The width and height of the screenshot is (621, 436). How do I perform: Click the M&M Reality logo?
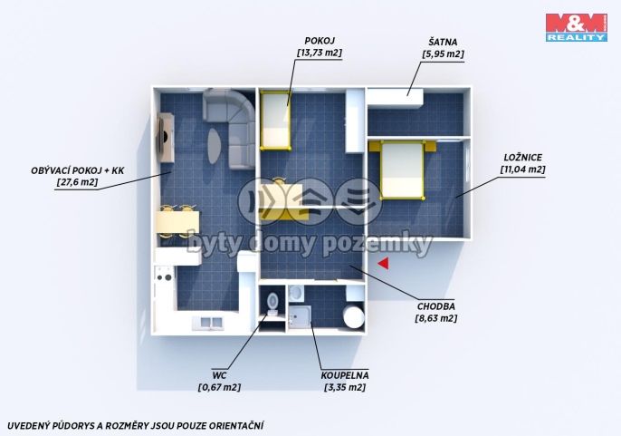pos(577,27)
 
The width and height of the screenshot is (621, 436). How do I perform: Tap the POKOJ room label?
pos(320,41)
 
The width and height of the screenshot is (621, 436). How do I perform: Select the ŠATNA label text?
pos(443,42)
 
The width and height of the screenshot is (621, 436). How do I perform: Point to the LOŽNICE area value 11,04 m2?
pos(523,170)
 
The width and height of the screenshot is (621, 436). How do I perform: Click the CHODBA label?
pos(436,306)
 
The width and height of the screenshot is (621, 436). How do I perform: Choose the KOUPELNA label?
pos(345,375)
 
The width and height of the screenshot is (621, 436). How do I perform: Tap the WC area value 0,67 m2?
pos(219,387)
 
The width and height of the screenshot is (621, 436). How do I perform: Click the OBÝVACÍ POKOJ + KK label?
pos(78,170)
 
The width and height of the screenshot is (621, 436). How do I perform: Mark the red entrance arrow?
pos(384,264)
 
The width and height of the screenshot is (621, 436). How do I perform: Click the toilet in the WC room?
pos(272,304)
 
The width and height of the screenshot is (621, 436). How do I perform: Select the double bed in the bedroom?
pos(402,170)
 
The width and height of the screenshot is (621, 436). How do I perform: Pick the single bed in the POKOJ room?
pos(275,121)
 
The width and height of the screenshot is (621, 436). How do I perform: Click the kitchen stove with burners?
pos(165,274)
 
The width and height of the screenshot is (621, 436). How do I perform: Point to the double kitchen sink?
pos(209,322)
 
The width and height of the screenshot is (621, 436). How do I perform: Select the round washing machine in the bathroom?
pos(354,315)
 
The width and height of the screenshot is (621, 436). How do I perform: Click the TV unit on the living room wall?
pos(166,137)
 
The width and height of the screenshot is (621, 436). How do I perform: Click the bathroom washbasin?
pos(295,293)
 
